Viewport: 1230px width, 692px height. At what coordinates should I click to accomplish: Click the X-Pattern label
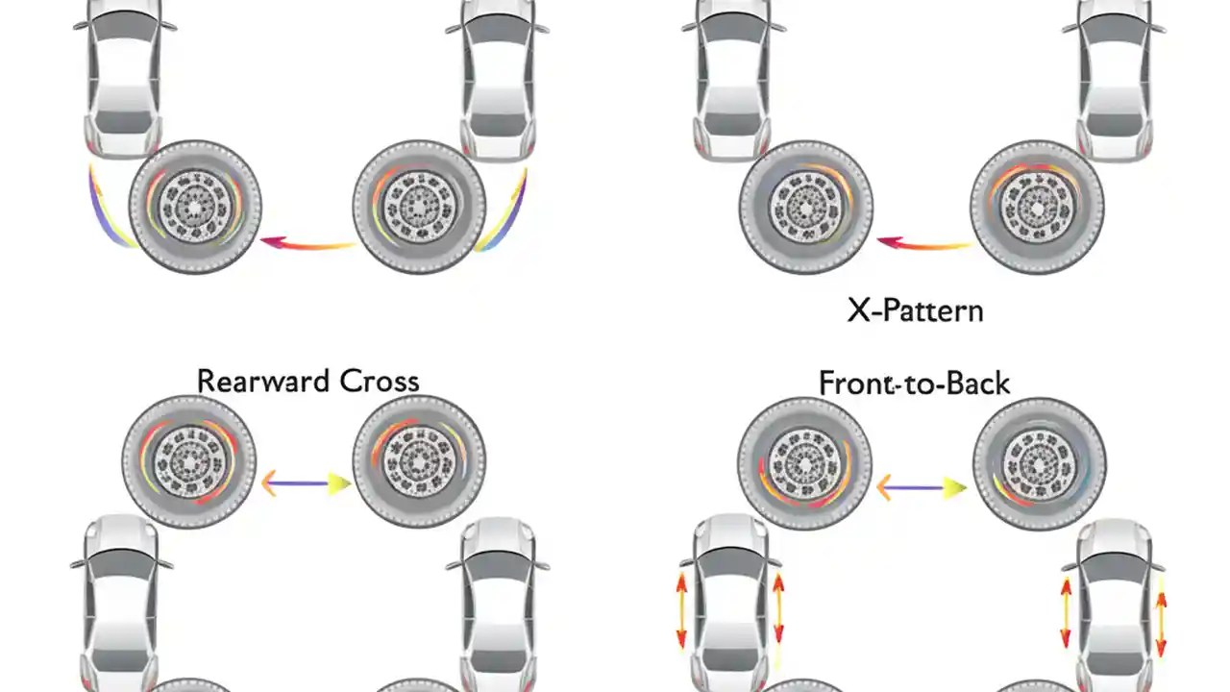click(x=915, y=310)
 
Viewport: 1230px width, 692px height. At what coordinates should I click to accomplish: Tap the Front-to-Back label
click(x=914, y=383)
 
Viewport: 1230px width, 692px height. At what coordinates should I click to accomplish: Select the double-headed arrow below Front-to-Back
click(x=921, y=488)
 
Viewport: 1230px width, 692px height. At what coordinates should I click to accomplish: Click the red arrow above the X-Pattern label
click(x=924, y=244)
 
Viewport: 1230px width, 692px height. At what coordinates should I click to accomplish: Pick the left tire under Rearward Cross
click(x=189, y=462)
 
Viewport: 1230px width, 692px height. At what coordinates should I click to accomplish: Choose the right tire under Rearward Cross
click(x=419, y=462)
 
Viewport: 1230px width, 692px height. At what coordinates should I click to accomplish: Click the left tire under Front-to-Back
click(x=805, y=464)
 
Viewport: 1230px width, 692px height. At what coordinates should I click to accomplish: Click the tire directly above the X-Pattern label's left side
click(x=806, y=207)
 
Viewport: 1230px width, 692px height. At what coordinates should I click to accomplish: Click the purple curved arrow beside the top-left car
click(x=101, y=207)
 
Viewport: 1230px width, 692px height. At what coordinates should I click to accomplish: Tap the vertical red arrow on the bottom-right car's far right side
click(x=1161, y=625)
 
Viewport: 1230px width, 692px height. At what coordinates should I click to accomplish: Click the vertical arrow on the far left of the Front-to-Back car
click(x=681, y=609)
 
